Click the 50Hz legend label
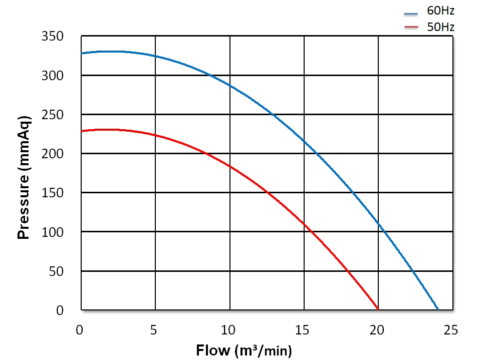tap(440, 27)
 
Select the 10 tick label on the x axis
tap(229, 330)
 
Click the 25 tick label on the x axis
tap(451, 330)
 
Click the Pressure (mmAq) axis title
tap(24, 177)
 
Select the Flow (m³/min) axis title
tap(243, 350)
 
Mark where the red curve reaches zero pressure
tap(378, 309)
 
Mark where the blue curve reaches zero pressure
tap(438, 309)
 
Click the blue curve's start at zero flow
tap(82, 53)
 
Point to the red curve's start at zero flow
tap(82, 131)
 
